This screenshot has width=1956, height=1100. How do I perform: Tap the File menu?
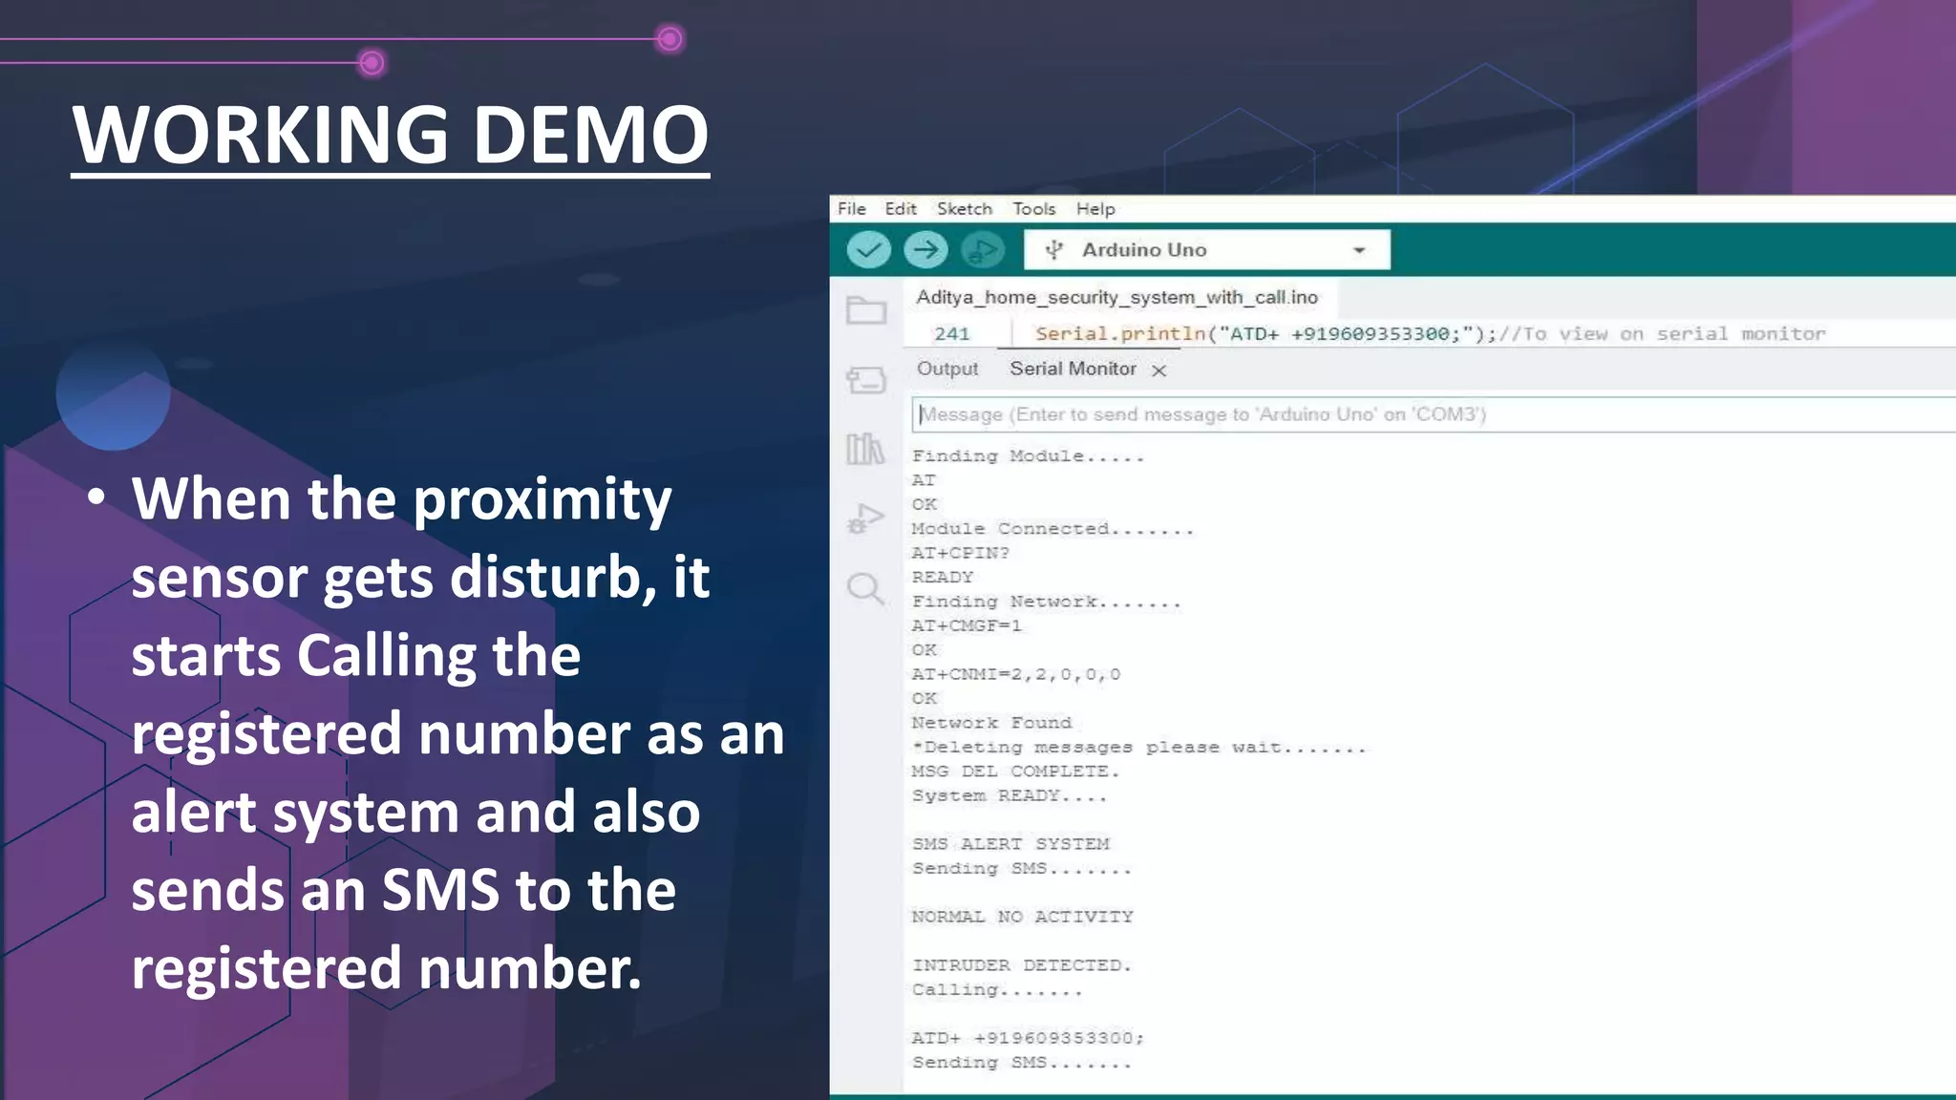tap(851, 208)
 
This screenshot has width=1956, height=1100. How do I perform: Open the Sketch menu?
tap(964, 208)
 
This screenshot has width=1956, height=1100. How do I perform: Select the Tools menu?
tap(1033, 208)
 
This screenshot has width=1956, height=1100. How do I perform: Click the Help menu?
tap(1095, 208)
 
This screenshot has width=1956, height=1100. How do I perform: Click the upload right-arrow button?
tap(925, 250)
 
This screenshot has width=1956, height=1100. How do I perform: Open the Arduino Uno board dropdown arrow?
tap(1358, 250)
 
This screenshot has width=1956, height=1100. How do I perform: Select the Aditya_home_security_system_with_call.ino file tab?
tap(1116, 297)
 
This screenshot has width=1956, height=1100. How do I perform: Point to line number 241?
tap(951, 333)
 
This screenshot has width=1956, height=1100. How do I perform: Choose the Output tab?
tap(946, 369)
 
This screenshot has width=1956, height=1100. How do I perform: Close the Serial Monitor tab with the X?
tap(1159, 370)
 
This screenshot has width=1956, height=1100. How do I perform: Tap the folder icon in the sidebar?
tap(866, 310)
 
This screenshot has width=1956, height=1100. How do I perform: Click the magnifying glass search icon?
tap(865, 588)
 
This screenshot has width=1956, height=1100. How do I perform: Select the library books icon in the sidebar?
tap(865, 448)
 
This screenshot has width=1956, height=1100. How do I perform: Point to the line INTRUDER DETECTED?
tap(1021, 965)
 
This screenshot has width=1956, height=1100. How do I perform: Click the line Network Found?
tap(991, 723)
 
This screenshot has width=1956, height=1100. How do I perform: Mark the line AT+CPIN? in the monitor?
tap(960, 553)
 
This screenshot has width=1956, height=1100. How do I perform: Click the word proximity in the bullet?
tap(542, 499)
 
